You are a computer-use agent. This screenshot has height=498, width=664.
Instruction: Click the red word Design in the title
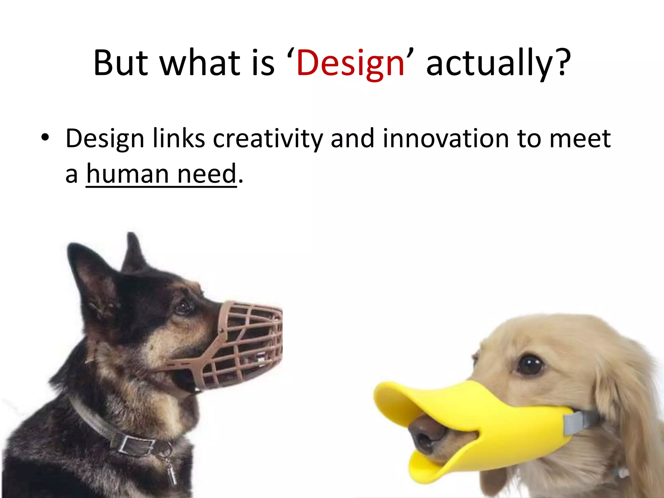[x=350, y=63]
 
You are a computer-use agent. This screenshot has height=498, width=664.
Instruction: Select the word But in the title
[x=121, y=63]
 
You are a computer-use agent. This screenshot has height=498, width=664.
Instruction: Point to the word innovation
[x=446, y=139]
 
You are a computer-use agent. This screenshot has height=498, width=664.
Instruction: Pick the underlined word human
[x=127, y=174]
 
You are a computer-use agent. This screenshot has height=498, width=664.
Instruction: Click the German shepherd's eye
[x=184, y=306]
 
